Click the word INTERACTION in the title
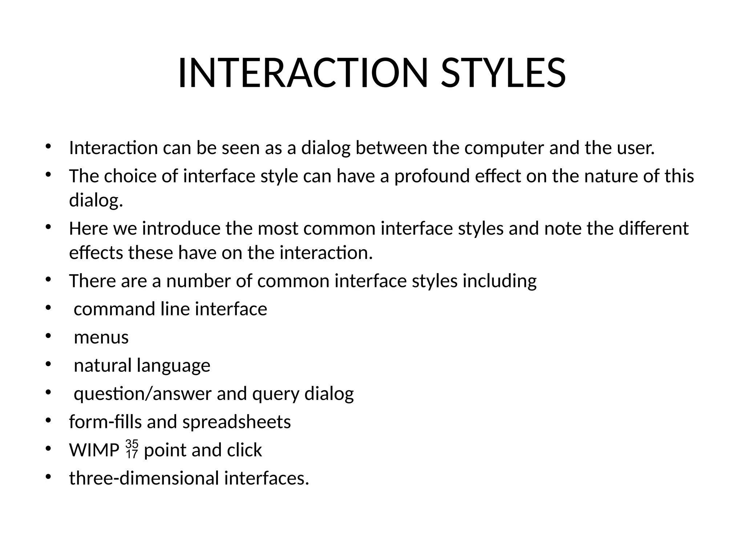[303, 73]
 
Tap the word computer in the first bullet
[504, 148]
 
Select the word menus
[101, 337]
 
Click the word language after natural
[173, 366]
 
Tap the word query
[276, 394]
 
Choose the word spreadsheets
[236, 422]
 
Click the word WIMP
[94, 450]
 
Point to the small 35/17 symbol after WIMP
[132, 449]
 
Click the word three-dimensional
[144, 478]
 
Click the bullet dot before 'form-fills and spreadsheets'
[48, 421]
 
